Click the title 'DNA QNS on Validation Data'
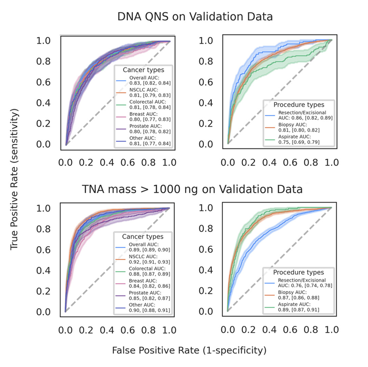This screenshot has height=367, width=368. click(x=195, y=17)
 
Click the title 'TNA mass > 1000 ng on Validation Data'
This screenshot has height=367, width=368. click(x=192, y=189)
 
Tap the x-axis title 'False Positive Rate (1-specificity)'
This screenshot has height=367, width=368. click(x=189, y=351)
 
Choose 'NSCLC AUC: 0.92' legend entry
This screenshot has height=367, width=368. click(x=149, y=259)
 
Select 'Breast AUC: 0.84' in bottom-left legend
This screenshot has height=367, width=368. click(x=149, y=283)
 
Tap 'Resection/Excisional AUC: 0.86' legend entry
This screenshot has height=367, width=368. click(x=302, y=115)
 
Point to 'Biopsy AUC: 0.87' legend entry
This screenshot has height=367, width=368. click(x=298, y=295)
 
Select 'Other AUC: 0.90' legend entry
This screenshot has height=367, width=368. click(x=149, y=307)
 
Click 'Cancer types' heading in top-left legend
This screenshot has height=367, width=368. click(x=143, y=70)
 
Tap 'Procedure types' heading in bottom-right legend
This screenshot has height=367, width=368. click(x=298, y=272)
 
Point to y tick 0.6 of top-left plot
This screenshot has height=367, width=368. click(x=43, y=82)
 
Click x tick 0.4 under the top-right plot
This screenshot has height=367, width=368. click(x=270, y=162)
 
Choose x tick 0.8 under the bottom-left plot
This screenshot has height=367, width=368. click(x=149, y=330)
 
